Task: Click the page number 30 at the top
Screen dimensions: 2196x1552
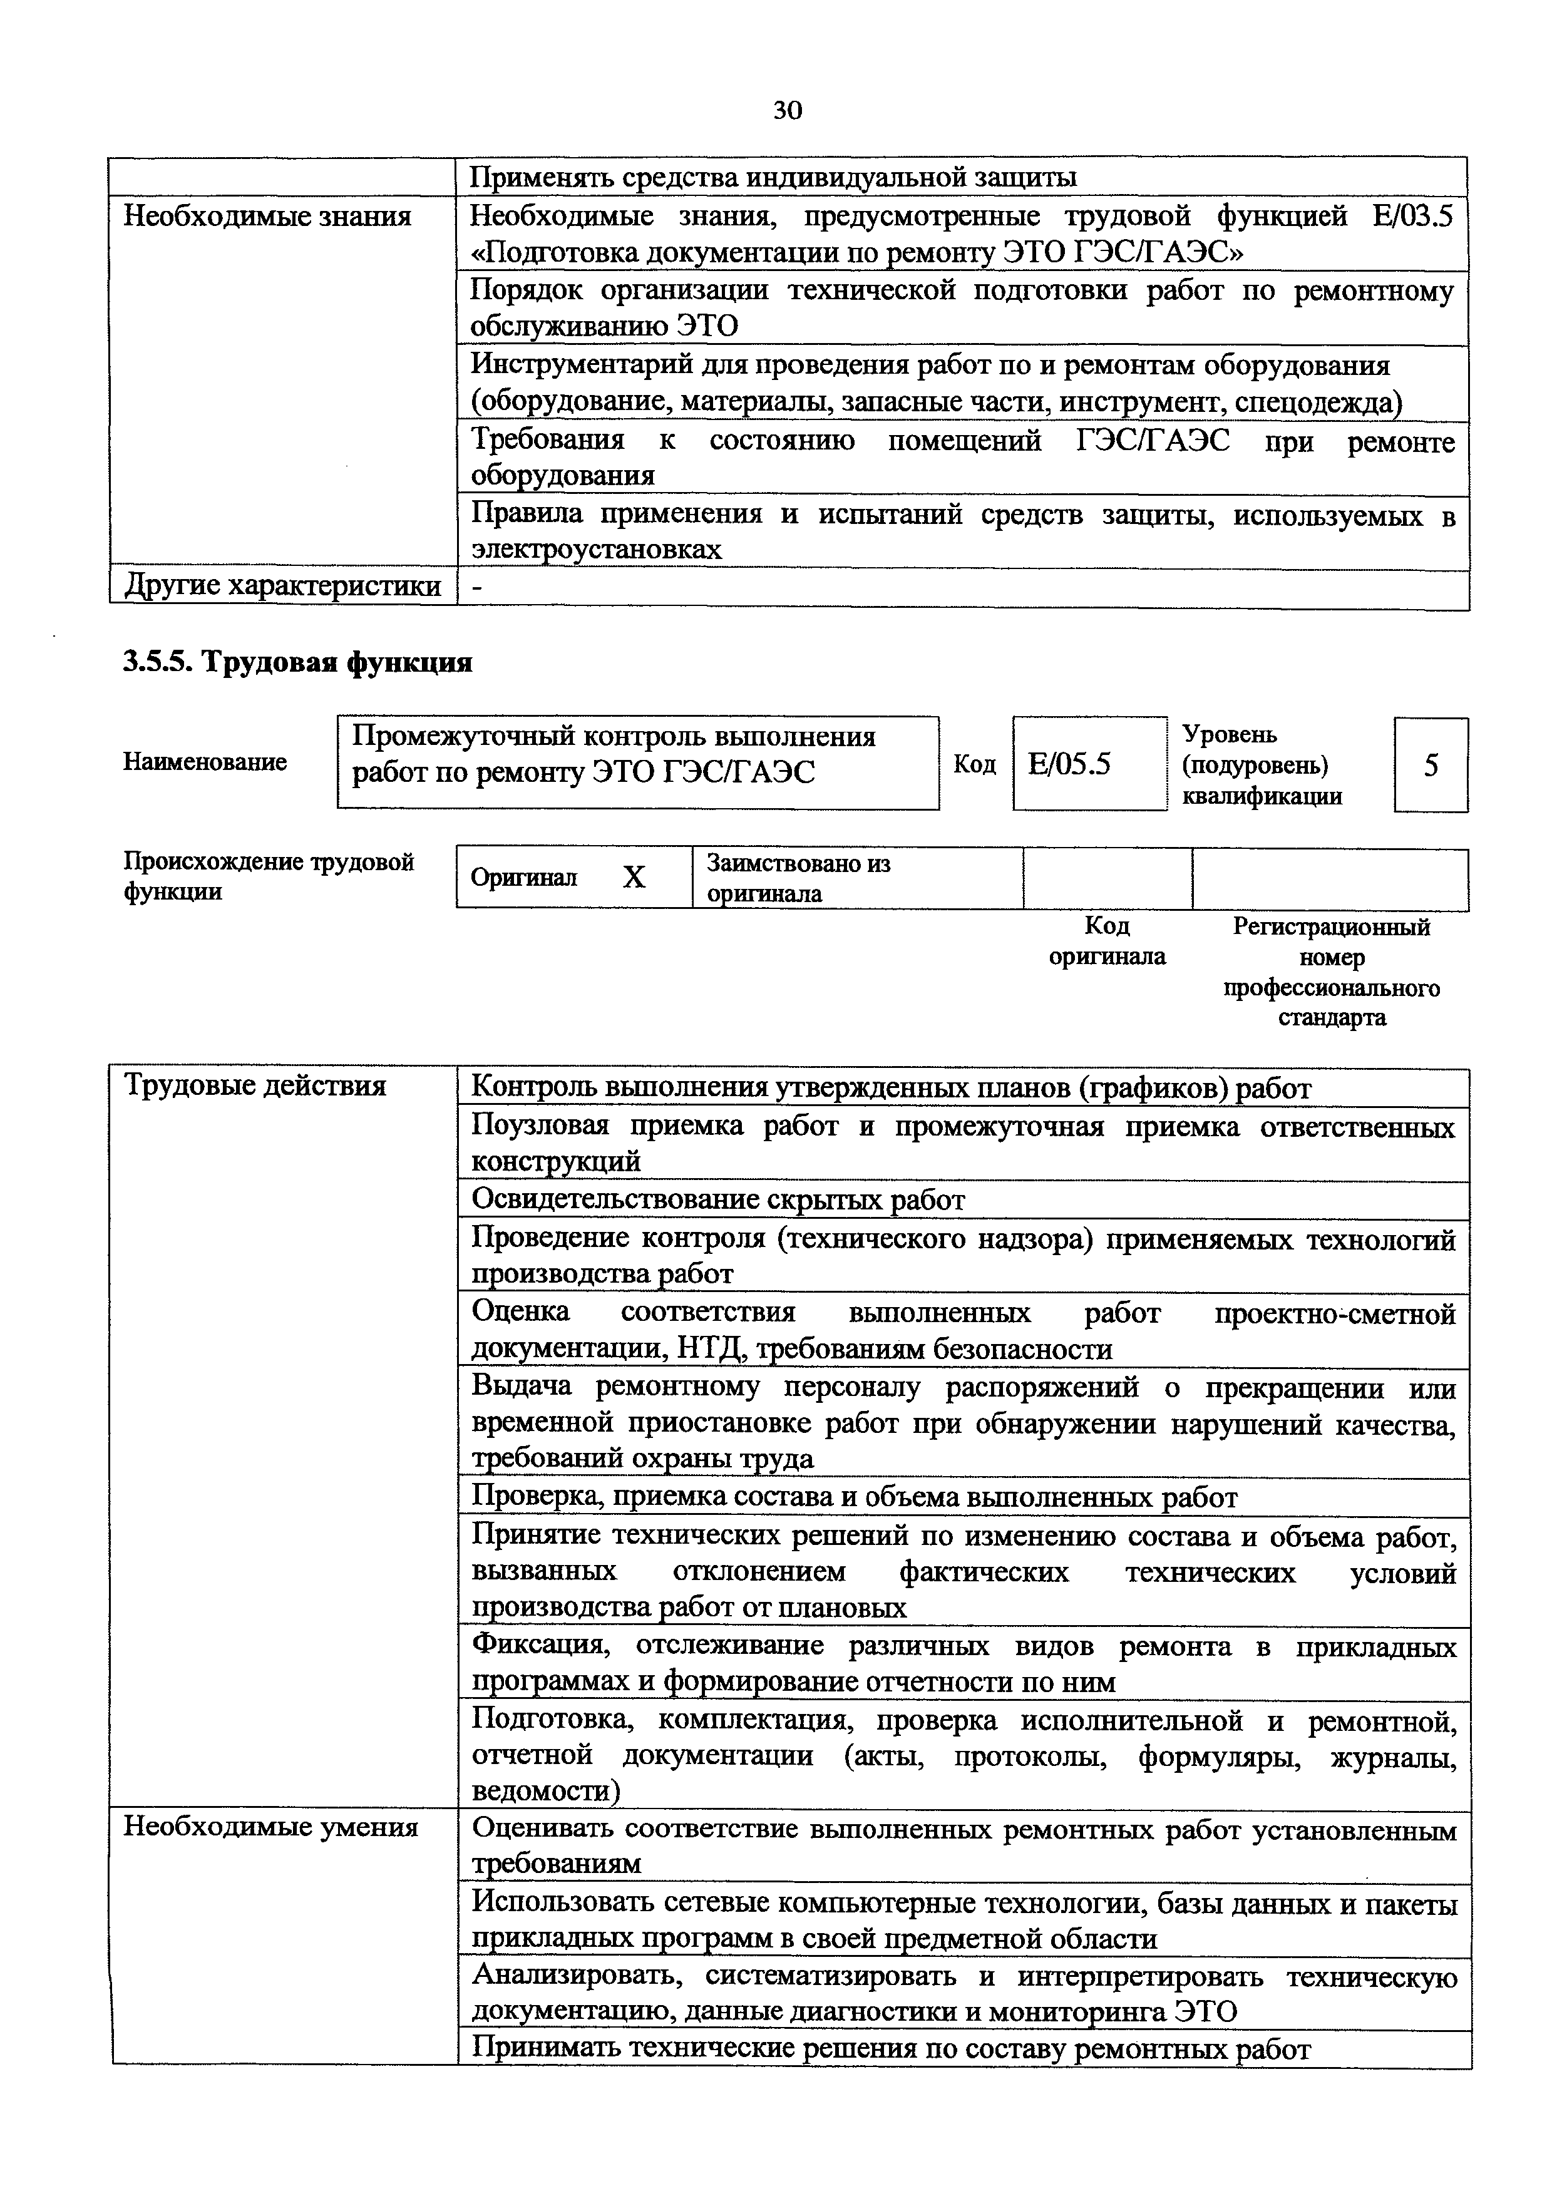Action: [787, 111]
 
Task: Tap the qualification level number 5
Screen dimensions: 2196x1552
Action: [1431, 765]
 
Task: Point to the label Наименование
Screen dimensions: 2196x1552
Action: [205, 762]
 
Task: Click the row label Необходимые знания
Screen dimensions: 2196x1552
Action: [268, 216]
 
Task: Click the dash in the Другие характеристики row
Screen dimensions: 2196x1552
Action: [478, 587]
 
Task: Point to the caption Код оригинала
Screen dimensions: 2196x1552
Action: [1107, 941]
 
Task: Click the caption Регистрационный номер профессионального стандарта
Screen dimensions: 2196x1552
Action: [1331, 972]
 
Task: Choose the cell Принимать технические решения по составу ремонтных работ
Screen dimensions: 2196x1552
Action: [892, 2049]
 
